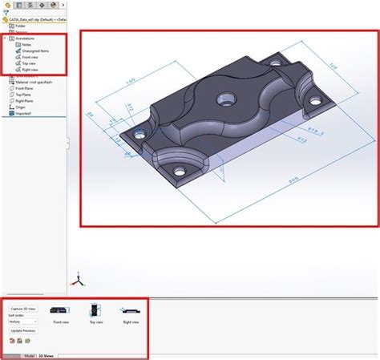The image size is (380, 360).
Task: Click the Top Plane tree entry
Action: tap(24, 94)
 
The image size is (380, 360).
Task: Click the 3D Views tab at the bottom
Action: tap(47, 355)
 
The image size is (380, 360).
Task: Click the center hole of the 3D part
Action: tap(226, 101)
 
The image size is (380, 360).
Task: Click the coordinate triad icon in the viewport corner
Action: tap(79, 278)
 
